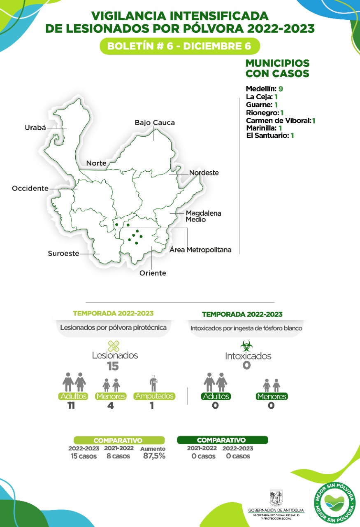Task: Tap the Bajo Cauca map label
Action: [x=155, y=123]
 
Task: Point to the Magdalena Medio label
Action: [x=203, y=217]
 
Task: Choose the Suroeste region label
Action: [x=63, y=254]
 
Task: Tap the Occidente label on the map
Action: [x=30, y=188]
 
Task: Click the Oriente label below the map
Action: [x=153, y=273]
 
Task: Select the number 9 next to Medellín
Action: [x=281, y=89]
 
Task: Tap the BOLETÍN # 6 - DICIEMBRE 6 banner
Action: [x=179, y=46]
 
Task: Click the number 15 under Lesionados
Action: [x=113, y=366]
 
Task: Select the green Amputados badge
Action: [x=154, y=396]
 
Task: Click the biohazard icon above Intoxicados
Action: [x=246, y=345]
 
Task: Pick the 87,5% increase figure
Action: [x=154, y=456]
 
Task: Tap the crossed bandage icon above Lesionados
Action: [x=113, y=345]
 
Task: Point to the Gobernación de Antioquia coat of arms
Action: [x=276, y=497]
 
